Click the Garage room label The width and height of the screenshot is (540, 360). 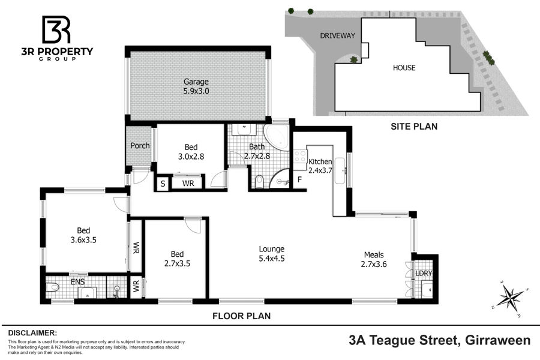coord(196,82)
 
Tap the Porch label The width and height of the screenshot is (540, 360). coord(140,146)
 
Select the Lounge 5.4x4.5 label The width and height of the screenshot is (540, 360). coord(272,254)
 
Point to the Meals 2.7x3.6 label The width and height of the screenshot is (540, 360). coord(374,259)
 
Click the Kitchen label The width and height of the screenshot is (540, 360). coord(320,161)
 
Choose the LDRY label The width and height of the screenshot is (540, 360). coord(424,273)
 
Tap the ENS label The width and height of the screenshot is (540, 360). coord(78,282)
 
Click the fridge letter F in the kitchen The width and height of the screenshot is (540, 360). coord(299,179)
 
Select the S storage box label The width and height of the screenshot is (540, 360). coord(163,184)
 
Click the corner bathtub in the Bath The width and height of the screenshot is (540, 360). coord(276,137)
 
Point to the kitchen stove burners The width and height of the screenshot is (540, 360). coord(300,156)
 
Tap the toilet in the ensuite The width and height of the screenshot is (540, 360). coord(52,287)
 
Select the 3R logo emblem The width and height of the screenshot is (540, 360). coord(56,29)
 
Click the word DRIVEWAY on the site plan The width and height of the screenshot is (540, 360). coord(337,36)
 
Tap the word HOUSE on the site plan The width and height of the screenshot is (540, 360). coord(404,68)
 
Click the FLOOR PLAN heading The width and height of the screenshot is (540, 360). coord(241,316)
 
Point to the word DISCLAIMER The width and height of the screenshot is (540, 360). coord(32,333)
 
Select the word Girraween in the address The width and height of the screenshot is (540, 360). coord(497,340)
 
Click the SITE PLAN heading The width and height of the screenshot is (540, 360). coord(414,127)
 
